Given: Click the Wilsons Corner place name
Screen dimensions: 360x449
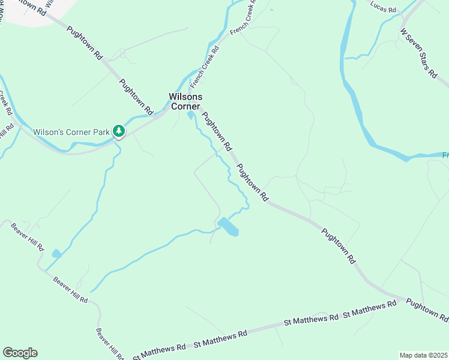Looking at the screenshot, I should pyautogui.click(x=185, y=101).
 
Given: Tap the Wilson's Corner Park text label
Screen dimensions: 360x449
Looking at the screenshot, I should pyautogui.click(x=71, y=131).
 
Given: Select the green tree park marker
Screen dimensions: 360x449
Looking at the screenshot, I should pyautogui.click(x=119, y=131).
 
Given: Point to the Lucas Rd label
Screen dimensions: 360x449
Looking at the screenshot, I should pyautogui.click(x=384, y=9).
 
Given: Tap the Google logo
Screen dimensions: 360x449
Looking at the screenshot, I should pyautogui.click(x=20, y=353).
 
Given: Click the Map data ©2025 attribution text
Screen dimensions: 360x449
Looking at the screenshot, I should pyautogui.click(x=423, y=355).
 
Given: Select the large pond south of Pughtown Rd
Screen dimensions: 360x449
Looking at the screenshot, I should pyautogui.click(x=228, y=227).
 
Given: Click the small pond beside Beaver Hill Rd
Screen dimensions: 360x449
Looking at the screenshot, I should pyautogui.click(x=56, y=254).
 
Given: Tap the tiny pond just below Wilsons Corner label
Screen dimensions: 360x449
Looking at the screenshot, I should pyautogui.click(x=190, y=115).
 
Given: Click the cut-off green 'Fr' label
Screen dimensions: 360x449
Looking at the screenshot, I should pyautogui.click(x=445, y=155).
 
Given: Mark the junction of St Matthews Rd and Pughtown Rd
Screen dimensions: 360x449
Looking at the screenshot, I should pyautogui.click(x=403, y=298).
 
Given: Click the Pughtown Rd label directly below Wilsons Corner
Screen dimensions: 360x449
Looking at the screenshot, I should pyautogui.click(x=217, y=131).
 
